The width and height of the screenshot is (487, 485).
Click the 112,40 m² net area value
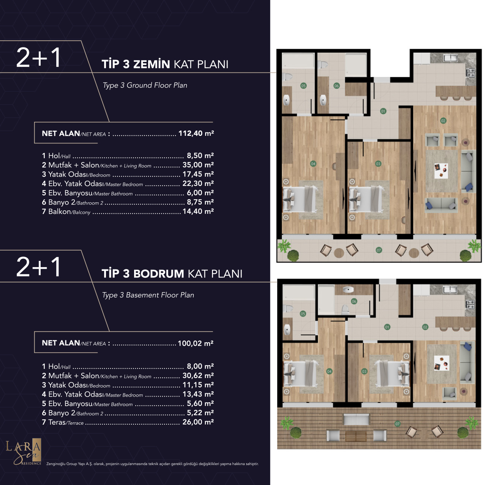coord(196,133)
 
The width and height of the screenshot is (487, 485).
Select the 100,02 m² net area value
coord(196,343)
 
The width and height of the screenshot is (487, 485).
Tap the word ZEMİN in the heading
coord(152,64)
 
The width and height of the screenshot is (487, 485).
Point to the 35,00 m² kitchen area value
coord(198,165)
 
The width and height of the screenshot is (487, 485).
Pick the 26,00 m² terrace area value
coord(198,422)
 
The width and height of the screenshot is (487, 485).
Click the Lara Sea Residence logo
coord(23,453)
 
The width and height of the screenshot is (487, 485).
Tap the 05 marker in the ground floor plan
coord(303,86)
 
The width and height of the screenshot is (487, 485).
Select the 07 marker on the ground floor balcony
coord(379,250)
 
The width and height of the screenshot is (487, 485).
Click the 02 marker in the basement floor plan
coord(425,327)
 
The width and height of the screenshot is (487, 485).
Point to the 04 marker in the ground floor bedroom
coord(313,164)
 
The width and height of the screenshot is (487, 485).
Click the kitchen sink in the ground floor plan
coord(451,58)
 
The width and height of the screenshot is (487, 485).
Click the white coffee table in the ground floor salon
coord(441,171)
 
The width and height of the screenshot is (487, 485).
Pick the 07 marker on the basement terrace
coord(397,424)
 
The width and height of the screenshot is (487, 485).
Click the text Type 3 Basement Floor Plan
coord(148,295)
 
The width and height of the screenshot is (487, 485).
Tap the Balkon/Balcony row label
coord(66,212)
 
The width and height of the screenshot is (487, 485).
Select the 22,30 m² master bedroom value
coord(198,184)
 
